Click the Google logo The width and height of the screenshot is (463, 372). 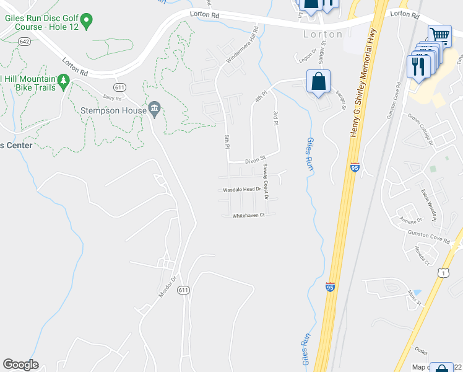click(20, 365)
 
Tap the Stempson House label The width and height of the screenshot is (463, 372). click(113, 111)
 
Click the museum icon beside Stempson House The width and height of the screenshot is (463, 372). click(155, 110)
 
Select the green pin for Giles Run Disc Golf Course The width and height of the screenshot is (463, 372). click(87, 22)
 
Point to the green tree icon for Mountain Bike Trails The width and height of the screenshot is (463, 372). click(63, 81)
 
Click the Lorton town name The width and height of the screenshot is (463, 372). click(322, 34)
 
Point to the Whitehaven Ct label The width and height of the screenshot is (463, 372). click(248, 216)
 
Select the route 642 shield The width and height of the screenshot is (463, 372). click(24, 42)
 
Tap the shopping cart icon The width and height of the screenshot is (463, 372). click(439, 35)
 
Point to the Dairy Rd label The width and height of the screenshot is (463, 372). click(113, 97)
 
